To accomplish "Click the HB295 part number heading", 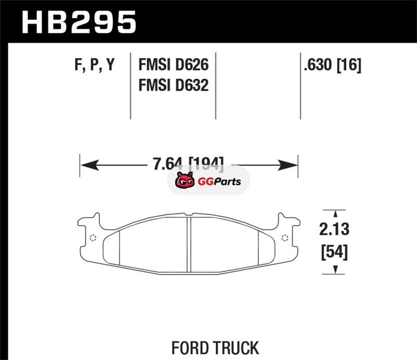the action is click(x=79, y=22).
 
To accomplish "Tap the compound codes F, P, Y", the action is click(x=94, y=65).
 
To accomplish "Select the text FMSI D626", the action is click(x=174, y=65).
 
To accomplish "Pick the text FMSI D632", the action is click(x=174, y=85).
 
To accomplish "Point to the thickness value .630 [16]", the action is click(x=333, y=65).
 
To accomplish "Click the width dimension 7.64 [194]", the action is click(x=188, y=163).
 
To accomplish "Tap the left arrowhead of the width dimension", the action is click(x=90, y=165).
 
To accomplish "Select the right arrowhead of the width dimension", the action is click(x=288, y=165).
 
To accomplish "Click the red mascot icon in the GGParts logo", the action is click(x=185, y=180).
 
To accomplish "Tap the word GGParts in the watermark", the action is click(x=219, y=182).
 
